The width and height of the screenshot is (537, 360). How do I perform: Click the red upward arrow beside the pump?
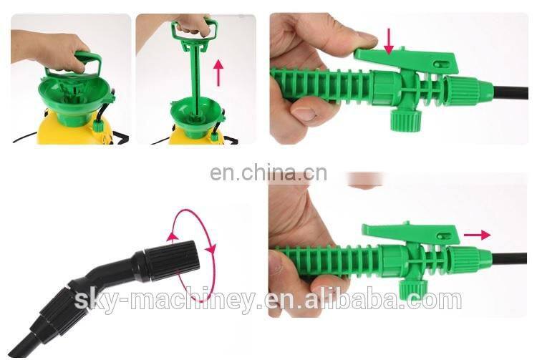(218, 72)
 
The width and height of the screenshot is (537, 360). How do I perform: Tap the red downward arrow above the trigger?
(388, 41)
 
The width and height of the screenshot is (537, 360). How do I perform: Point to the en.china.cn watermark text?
(268, 172)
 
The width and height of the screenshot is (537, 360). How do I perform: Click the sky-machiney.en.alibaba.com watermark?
(268, 300)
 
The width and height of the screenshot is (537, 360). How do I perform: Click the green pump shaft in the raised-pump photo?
(192, 79)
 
